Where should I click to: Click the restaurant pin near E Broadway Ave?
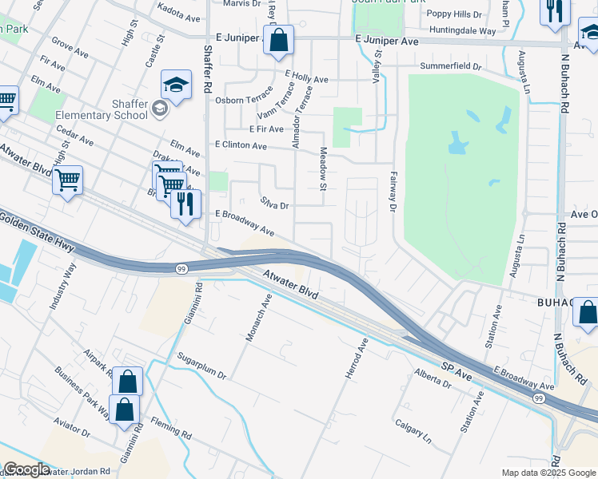tap(185, 204)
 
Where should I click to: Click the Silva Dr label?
tap(273, 205)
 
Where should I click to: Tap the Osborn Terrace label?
tap(244, 101)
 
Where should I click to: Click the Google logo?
tap(26, 469)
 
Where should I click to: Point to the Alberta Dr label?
tap(433, 378)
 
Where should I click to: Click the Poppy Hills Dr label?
tap(454, 14)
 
